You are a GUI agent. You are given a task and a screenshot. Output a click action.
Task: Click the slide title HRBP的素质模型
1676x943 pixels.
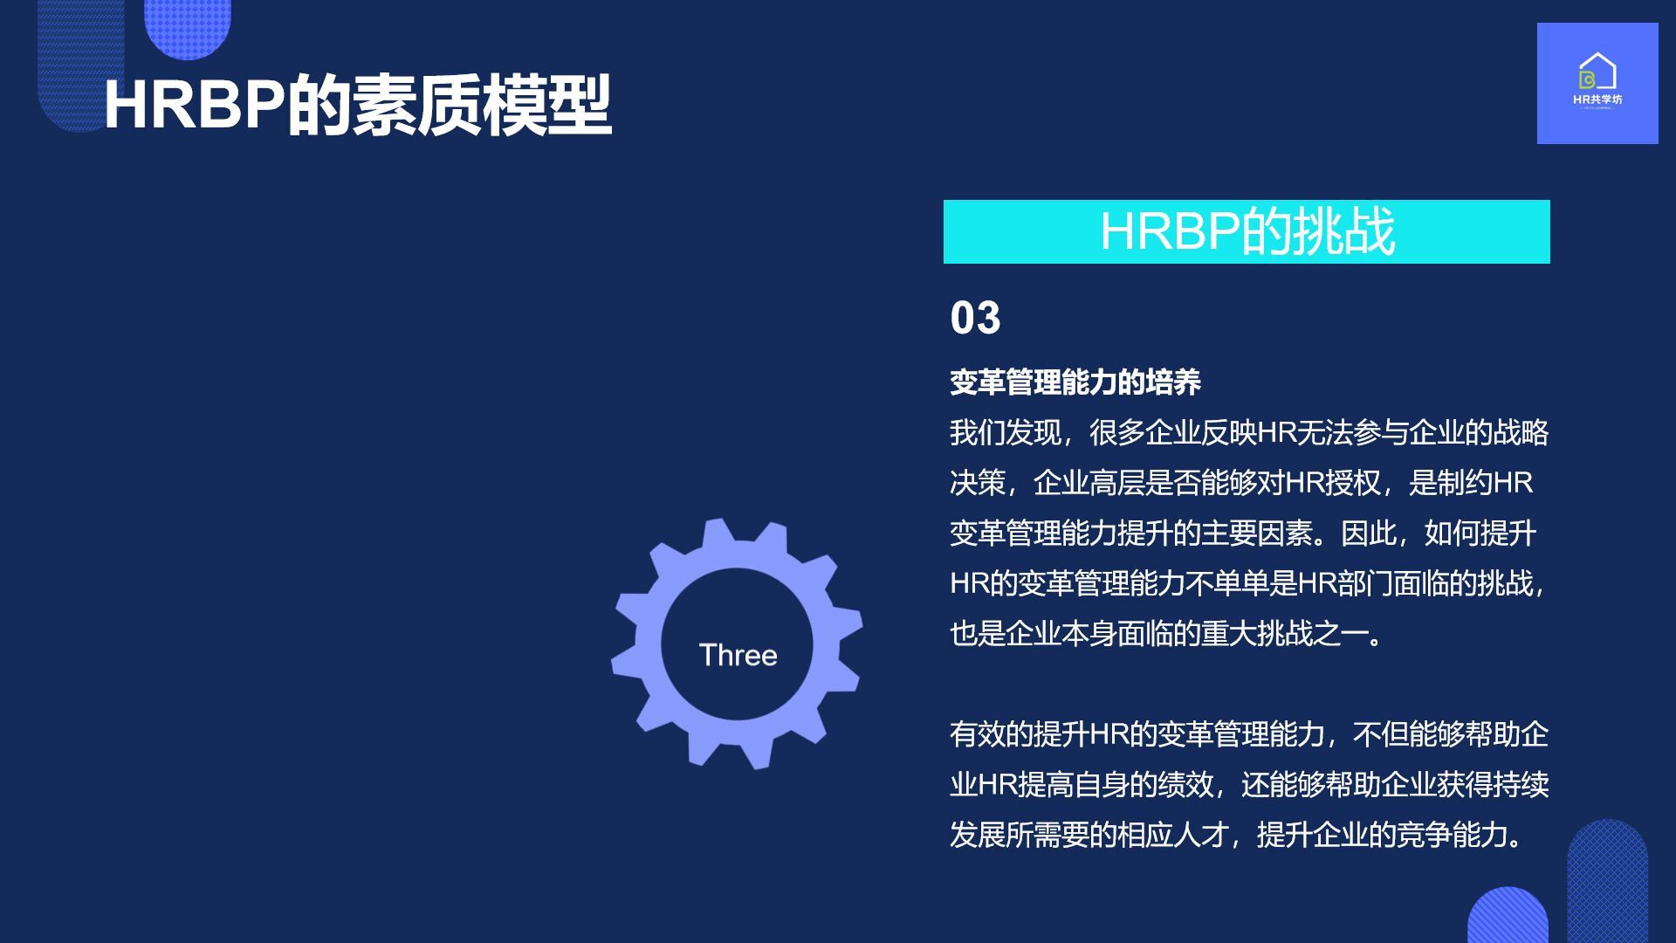tap(357, 106)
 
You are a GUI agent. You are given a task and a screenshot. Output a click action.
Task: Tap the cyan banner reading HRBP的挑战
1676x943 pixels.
tap(1247, 231)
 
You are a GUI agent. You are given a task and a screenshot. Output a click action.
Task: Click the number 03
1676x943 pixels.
tap(975, 318)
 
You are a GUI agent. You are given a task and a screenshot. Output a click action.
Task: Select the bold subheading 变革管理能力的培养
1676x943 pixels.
tap(1075, 382)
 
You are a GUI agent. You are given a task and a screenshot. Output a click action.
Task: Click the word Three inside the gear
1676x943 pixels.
tap(738, 655)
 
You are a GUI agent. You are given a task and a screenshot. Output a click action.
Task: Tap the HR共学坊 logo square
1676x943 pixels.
tap(1597, 83)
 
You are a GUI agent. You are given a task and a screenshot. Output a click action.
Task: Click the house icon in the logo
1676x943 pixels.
tap(1597, 71)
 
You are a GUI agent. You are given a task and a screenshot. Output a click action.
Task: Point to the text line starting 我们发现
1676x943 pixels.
tap(1249, 432)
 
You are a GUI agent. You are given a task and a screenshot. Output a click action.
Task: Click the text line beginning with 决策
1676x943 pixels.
tap(1241, 482)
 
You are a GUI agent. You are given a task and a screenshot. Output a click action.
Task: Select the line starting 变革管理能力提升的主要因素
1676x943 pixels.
tap(1243, 533)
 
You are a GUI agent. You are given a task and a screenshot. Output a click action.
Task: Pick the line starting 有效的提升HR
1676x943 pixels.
tap(1249, 734)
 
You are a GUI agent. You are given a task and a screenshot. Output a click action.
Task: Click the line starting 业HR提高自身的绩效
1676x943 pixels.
tap(1249, 784)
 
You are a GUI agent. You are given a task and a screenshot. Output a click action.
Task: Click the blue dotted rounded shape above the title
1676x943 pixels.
tap(187, 26)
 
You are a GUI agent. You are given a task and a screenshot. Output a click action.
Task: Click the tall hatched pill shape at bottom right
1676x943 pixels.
tap(1607, 881)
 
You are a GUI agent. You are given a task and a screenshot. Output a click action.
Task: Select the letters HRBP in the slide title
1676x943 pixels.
tap(195, 106)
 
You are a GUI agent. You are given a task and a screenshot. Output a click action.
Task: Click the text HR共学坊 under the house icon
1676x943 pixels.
tap(1597, 100)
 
